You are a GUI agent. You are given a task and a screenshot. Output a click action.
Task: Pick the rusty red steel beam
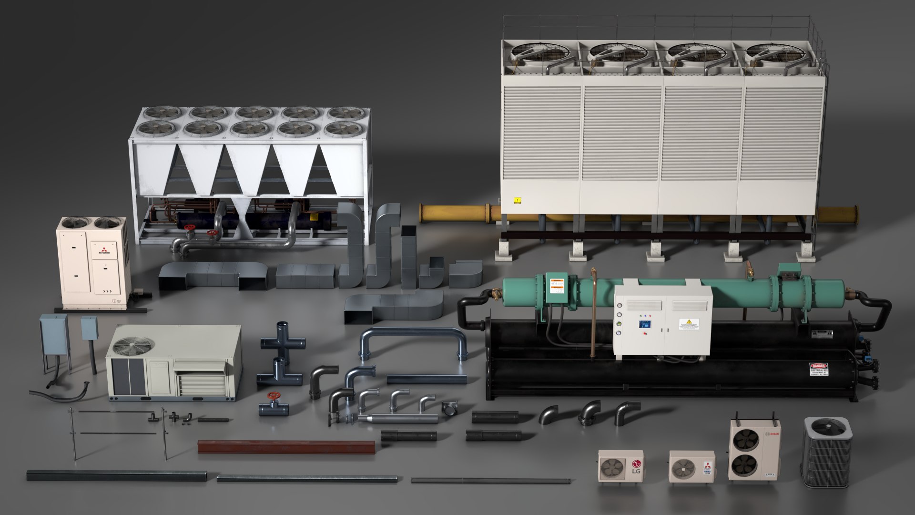[286, 447]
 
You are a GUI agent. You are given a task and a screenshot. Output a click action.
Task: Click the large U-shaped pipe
[413, 340]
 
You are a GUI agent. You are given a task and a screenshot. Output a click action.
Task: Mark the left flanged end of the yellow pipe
[423, 213]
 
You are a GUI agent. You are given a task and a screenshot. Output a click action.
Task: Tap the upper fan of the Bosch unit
[745, 437]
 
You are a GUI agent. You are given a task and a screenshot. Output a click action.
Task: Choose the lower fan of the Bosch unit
[745, 466]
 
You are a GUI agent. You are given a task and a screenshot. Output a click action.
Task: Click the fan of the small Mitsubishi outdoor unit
[683, 469]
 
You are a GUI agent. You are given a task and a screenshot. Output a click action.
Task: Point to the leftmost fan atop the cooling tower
[536, 52]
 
